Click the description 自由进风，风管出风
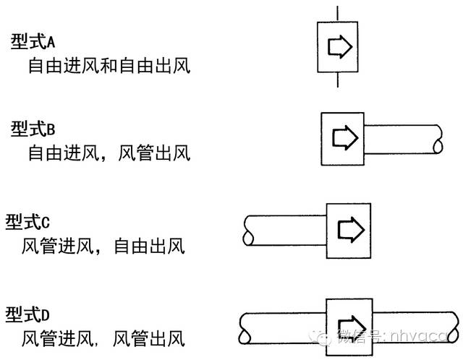tap(109, 153)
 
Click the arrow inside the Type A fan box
tap(339, 47)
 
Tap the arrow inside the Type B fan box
tap(343, 137)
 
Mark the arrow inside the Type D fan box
tap(350, 322)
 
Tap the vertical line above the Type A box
tap(339, 12)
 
